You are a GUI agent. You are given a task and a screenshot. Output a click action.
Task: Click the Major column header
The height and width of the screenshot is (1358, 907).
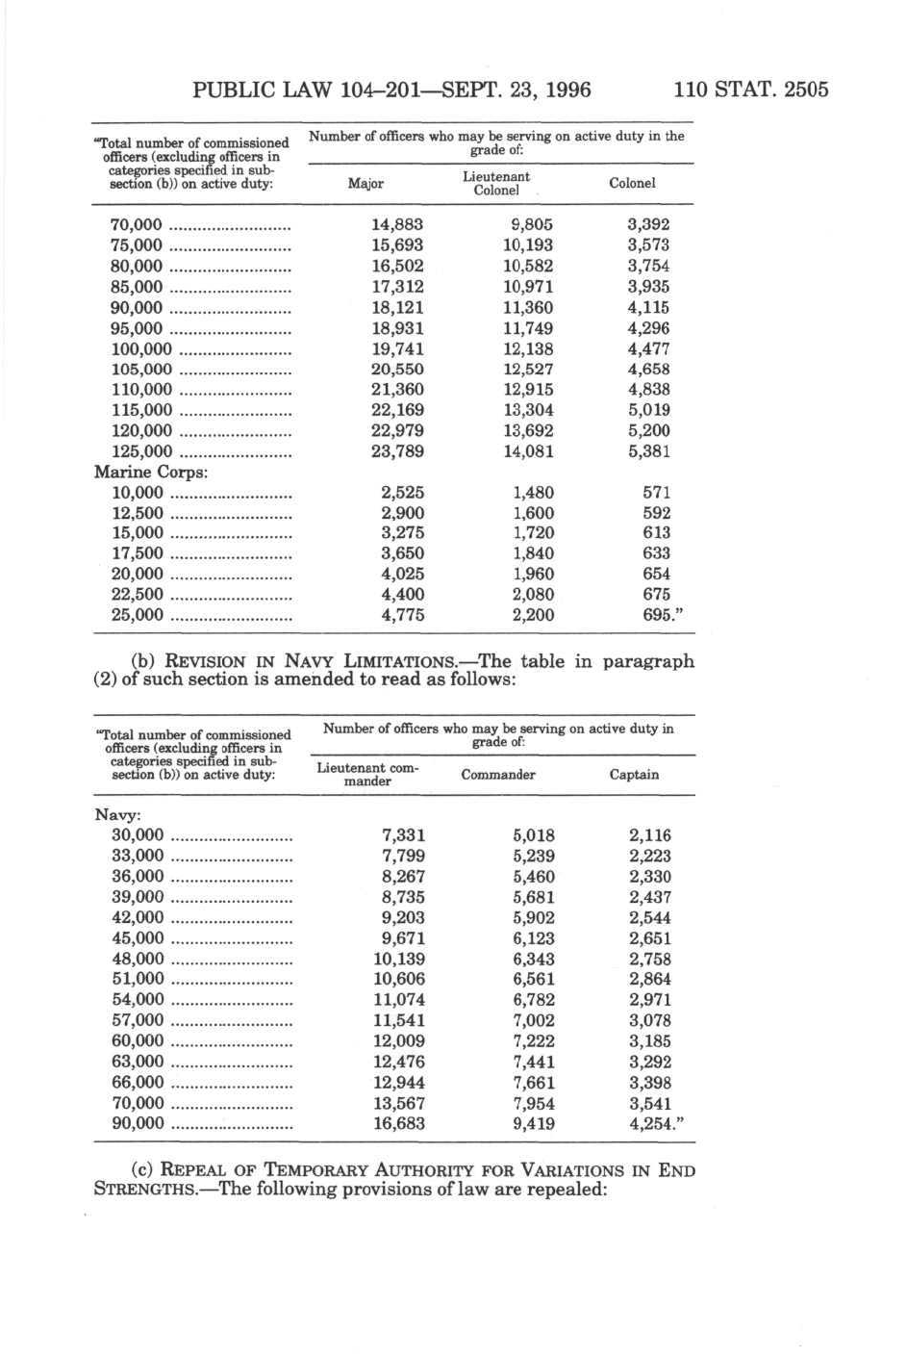click(365, 184)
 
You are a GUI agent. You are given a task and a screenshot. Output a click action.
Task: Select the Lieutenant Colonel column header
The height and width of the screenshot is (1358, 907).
click(496, 183)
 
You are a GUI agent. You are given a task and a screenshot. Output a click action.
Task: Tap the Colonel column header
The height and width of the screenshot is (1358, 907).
click(632, 183)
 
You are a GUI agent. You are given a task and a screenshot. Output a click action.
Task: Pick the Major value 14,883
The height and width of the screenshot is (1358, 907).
click(397, 224)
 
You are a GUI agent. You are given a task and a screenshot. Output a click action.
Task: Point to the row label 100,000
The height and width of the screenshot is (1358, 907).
click(141, 349)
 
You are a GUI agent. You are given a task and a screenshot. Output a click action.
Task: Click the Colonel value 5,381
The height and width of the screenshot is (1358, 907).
click(649, 451)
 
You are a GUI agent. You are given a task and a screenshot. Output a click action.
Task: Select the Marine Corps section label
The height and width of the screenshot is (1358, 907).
click(151, 472)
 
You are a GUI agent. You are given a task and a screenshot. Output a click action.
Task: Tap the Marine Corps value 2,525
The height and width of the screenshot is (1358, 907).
click(403, 492)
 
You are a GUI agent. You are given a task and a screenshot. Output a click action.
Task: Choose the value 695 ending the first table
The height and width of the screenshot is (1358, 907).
click(657, 615)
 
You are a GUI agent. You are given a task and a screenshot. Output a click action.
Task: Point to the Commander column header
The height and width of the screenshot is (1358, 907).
click(498, 775)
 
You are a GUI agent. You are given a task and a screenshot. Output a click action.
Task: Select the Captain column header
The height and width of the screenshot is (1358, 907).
click(634, 775)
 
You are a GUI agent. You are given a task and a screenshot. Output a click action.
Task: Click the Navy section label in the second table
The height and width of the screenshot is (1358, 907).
click(117, 815)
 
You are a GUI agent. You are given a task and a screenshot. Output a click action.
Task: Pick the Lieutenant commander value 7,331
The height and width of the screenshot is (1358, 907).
click(403, 835)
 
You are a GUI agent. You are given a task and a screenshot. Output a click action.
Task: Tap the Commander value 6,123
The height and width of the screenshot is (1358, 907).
click(534, 938)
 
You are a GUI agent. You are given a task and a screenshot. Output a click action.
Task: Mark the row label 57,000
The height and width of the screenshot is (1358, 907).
click(138, 1020)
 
